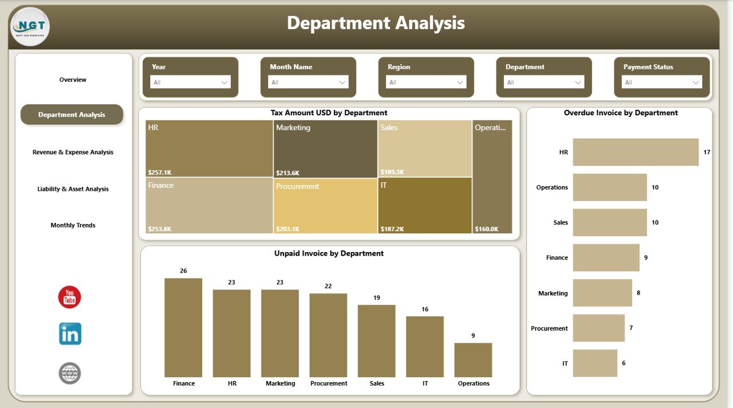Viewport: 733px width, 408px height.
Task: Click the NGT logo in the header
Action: [29, 26]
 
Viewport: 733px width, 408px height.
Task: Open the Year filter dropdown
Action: [190, 83]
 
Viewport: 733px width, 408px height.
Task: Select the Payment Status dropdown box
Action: [661, 83]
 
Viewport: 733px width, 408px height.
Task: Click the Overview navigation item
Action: [73, 80]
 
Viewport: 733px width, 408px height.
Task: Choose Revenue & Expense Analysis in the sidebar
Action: [73, 152]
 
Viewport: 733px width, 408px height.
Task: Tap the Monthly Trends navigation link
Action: [73, 225]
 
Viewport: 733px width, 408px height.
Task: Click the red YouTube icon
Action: [70, 297]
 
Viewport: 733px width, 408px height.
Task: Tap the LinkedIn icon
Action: [70, 334]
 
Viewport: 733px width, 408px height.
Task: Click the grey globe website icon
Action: [70, 373]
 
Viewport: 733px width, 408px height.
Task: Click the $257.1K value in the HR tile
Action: [160, 172]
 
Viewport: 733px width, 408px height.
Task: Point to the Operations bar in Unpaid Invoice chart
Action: [473, 360]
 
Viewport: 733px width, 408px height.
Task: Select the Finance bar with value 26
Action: [183, 327]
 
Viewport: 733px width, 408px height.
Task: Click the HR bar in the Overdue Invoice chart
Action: [636, 152]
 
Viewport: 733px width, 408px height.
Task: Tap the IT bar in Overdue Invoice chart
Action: [595, 363]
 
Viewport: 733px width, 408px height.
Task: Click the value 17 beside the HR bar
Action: [707, 152]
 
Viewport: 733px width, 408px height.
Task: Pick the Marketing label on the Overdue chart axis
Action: [553, 293]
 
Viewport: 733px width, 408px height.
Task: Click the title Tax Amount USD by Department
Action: [329, 113]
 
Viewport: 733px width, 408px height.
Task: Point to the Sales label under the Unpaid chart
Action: [377, 383]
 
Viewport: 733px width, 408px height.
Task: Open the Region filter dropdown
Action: [426, 83]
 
